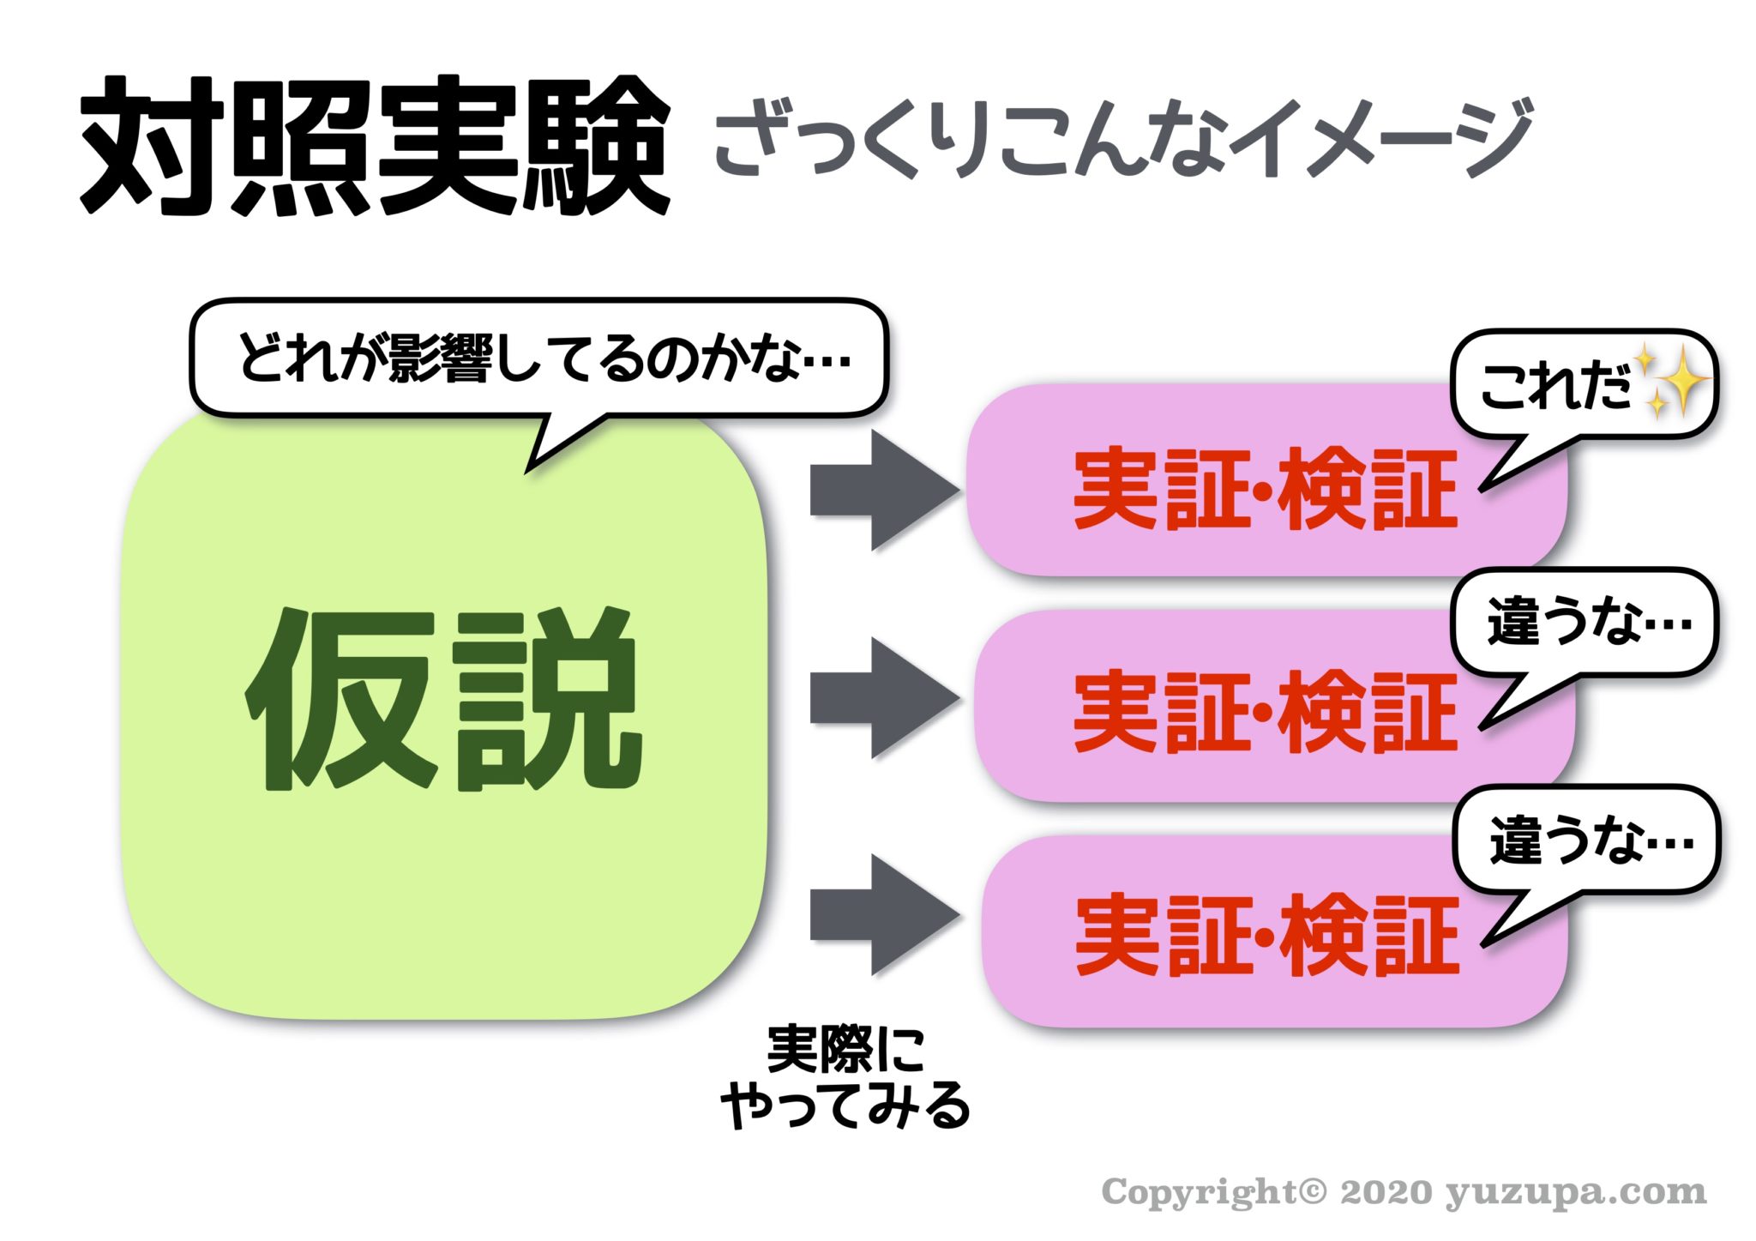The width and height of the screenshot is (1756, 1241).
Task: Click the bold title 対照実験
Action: [x=376, y=146]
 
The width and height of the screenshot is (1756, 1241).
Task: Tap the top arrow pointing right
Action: [x=883, y=491]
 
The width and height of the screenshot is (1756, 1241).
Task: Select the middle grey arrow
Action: [x=883, y=698]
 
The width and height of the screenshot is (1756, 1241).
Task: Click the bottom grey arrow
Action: [x=883, y=914]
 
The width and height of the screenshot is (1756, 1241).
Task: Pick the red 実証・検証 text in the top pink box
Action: [x=1265, y=489]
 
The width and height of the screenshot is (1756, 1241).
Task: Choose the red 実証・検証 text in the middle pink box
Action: [x=1265, y=712]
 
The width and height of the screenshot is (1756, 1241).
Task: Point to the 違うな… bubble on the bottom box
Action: [x=1588, y=840]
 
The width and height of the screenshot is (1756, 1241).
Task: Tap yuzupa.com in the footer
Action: [x=1576, y=1193]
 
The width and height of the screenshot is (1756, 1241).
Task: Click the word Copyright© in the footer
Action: [x=1212, y=1192]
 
